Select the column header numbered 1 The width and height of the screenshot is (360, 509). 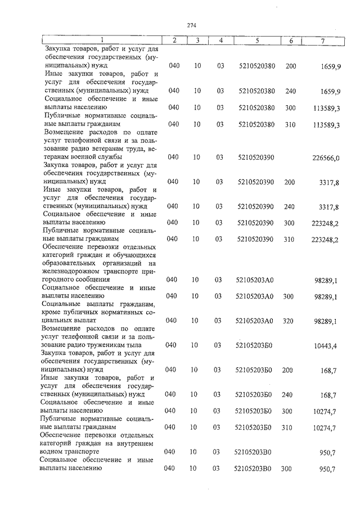point(101,40)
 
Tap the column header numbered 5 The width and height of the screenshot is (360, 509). point(256,40)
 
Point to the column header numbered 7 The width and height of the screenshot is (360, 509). point(322,40)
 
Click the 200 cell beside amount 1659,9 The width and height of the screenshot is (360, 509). point(291,66)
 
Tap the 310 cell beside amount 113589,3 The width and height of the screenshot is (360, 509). point(290,124)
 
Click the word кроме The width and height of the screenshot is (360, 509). point(54,312)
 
